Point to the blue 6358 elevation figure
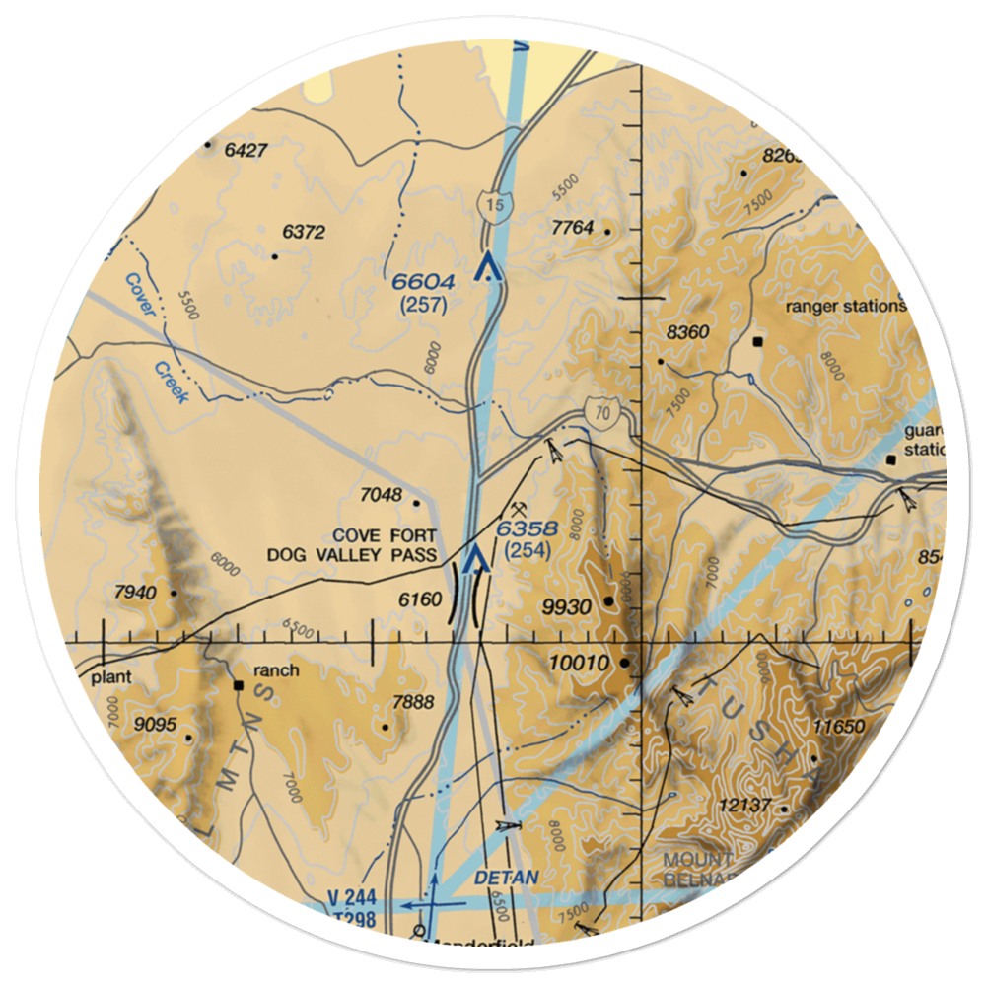point(527,529)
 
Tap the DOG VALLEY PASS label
point(351,555)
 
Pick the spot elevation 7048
point(382,495)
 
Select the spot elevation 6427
point(246,151)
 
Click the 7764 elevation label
point(573,228)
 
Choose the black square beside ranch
point(238,684)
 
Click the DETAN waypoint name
point(507,877)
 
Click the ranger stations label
point(845,306)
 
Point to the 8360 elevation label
point(687,332)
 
